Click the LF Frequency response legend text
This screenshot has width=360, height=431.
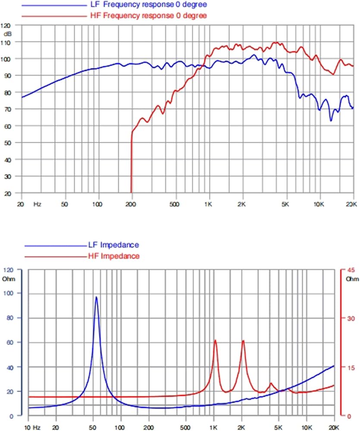[x=148, y=5]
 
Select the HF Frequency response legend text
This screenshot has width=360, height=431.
[x=148, y=16]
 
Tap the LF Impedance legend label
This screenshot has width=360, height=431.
[x=113, y=245]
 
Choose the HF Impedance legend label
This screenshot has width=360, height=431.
[x=114, y=256]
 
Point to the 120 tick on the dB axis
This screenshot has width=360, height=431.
[x=6, y=26]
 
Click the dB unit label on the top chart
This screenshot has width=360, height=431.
[x=7, y=34]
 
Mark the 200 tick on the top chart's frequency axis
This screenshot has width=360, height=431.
[x=131, y=204]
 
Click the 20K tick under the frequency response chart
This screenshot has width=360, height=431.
[x=351, y=204]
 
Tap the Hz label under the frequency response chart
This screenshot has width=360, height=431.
[x=38, y=204]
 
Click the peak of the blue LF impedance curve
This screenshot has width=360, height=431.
[x=96, y=297]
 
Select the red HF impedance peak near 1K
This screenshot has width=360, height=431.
[x=215, y=340]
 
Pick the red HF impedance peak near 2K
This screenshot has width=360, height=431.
[x=243, y=341]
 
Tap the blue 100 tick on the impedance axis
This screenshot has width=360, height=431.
[x=8, y=293]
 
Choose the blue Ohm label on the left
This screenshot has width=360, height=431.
[x=9, y=279]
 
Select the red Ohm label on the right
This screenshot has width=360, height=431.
[x=352, y=279]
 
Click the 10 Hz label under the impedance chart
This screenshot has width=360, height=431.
[x=32, y=428]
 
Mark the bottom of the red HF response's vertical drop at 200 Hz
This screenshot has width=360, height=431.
[x=131, y=193]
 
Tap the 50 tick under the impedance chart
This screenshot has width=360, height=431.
[x=93, y=428]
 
